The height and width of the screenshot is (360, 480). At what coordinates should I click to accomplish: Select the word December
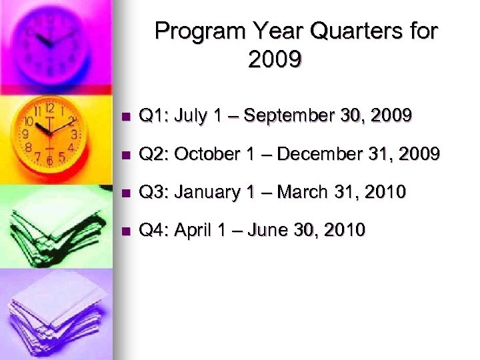pos(320,155)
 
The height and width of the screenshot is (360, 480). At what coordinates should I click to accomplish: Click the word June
pos(271,231)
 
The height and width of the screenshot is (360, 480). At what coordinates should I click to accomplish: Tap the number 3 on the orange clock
pos(74,133)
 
